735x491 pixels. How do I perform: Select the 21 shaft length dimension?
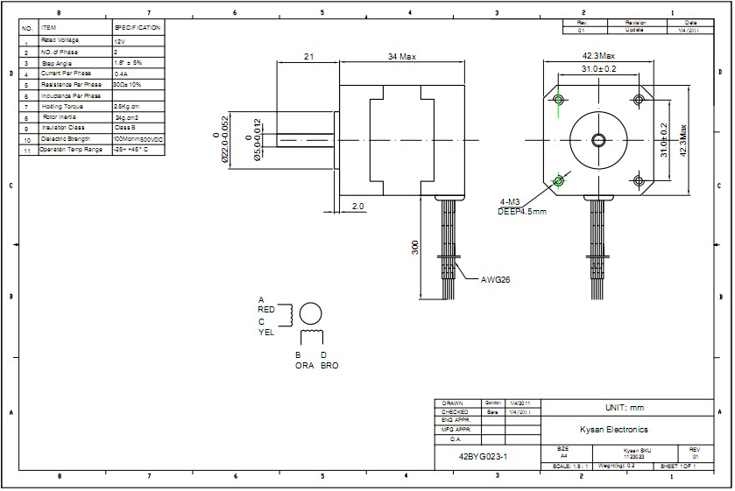pos(308,56)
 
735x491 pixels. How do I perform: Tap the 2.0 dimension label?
pos(358,206)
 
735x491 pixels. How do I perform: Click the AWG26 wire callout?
pos(495,280)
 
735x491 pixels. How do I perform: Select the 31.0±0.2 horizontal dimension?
pos(599,68)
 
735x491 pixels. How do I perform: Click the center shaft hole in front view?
pos(600,138)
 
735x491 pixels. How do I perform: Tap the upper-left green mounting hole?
pos(560,96)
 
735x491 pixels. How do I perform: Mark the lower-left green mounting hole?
pos(559,181)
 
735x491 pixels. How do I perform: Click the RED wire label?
pos(266,310)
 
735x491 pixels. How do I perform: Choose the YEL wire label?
pos(266,332)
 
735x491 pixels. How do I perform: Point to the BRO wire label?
pos(329,366)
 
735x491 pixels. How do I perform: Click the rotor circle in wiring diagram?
pos(311,313)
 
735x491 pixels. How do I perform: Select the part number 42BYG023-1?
pos(483,457)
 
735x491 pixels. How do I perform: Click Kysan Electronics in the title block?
pos(613,430)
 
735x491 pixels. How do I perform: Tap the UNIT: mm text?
pos(625,408)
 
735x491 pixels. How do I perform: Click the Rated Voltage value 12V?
pos(120,41)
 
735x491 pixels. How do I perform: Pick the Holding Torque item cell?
pos(60,106)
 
